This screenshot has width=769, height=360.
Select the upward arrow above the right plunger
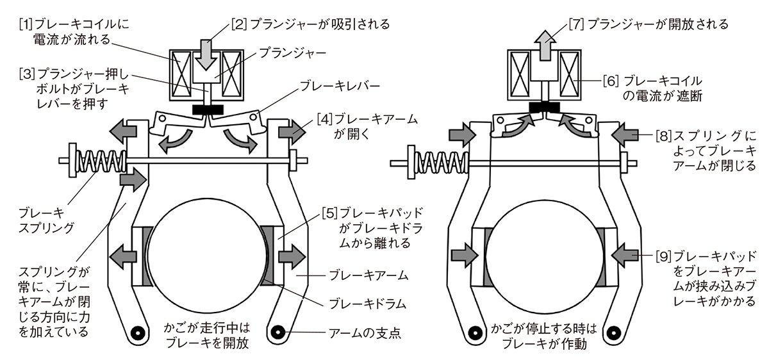tap(543, 45)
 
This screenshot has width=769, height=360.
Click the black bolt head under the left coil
tap(206, 110)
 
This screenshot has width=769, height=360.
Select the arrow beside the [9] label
tap(624, 256)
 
